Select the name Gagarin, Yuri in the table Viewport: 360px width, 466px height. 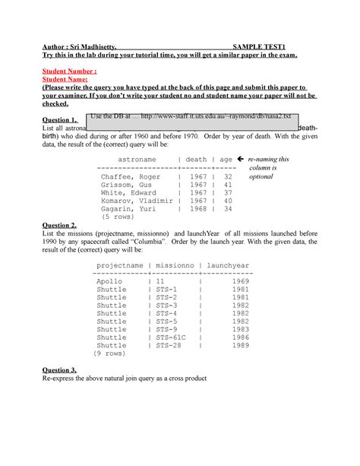point(128,208)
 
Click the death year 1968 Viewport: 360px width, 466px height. point(197,208)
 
